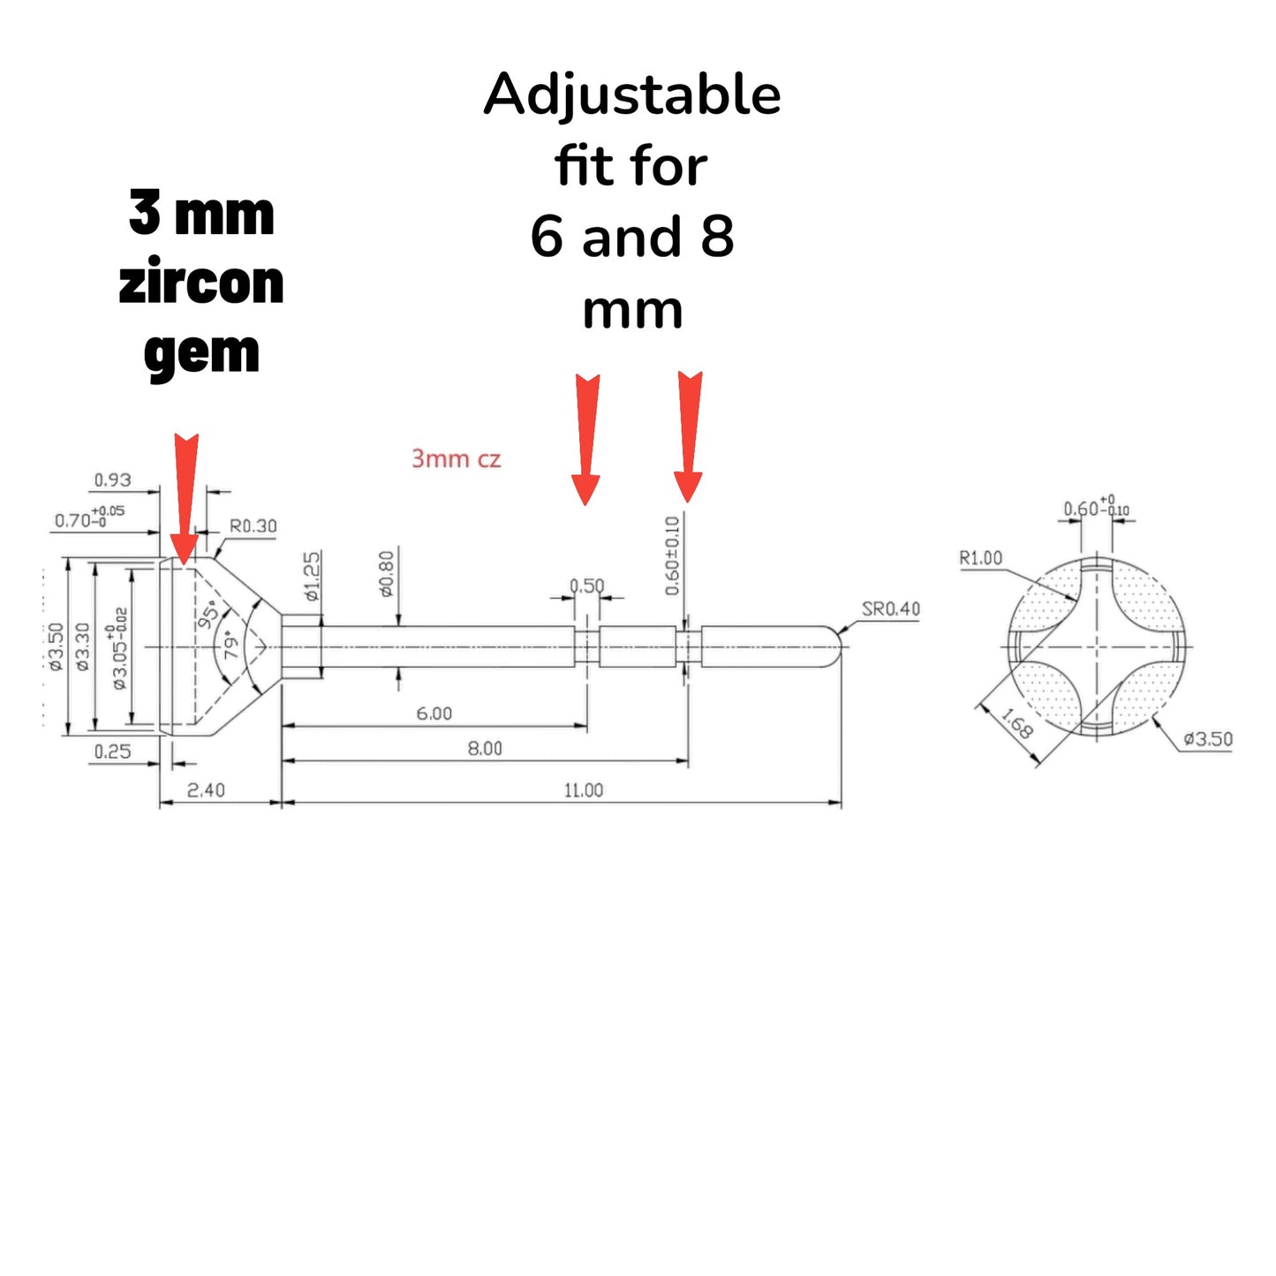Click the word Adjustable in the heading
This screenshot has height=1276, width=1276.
[x=632, y=95]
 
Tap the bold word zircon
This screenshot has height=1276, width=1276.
[x=201, y=283]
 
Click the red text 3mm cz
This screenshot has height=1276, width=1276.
[x=456, y=459]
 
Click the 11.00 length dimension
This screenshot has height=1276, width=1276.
[x=584, y=790]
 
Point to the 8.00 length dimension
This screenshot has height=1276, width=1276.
[x=485, y=749]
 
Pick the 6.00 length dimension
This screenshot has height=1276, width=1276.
[x=434, y=714]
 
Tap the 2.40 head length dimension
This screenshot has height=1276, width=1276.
[x=206, y=790]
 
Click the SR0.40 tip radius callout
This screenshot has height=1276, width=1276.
[x=890, y=609]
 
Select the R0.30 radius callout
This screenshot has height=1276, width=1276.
[x=253, y=526]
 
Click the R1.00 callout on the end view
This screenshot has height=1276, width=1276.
[x=981, y=558]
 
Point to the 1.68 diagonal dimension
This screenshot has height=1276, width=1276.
[x=1017, y=725]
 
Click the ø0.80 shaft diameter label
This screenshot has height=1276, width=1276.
[x=387, y=574]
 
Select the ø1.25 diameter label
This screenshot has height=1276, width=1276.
[x=313, y=576]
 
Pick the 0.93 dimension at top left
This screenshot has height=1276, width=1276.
[x=112, y=480]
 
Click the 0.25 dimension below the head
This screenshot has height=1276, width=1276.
[x=112, y=751]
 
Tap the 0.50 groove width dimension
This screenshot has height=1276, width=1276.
[x=586, y=586]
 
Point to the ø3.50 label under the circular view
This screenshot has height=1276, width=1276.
[x=1207, y=739]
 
